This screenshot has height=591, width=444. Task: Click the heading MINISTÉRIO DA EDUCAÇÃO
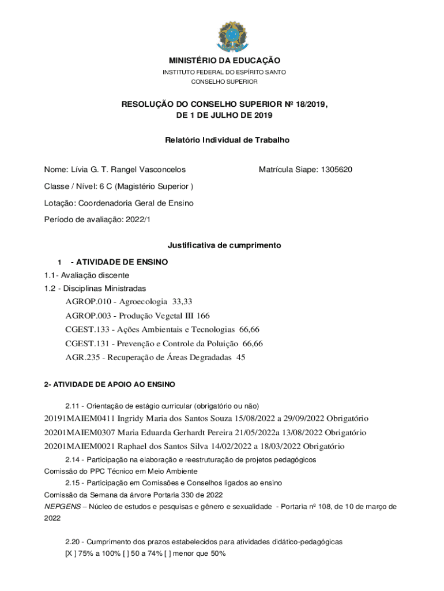click(x=224, y=61)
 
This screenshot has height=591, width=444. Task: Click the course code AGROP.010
click(x=88, y=301)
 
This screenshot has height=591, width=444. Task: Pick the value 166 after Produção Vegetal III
click(x=203, y=316)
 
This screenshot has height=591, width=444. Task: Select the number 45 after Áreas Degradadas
click(x=240, y=357)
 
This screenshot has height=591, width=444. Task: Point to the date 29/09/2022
click(x=302, y=418)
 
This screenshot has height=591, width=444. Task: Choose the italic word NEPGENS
click(x=62, y=506)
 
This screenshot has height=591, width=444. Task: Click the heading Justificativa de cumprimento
click(x=224, y=245)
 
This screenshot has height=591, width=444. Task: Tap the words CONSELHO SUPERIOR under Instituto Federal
click(x=224, y=82)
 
